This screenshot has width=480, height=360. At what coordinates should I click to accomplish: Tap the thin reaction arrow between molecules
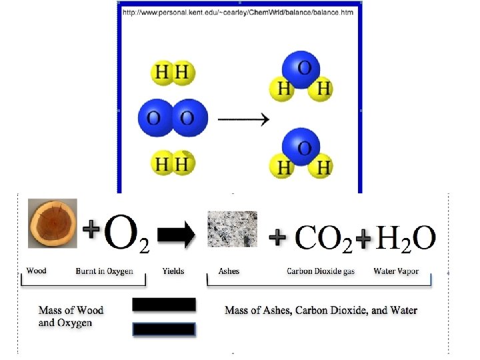[244, 120]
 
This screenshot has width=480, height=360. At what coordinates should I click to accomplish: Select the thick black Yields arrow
[176, 234]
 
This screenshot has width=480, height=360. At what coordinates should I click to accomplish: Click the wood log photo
[52, 223]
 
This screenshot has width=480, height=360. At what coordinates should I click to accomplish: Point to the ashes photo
[232, 229]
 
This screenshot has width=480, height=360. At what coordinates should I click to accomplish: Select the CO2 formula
[323, 238]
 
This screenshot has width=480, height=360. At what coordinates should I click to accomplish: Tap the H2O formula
[406, 237]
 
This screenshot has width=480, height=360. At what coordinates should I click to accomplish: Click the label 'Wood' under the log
[36, 271]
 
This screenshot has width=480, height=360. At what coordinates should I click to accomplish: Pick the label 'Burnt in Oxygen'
[105, 271]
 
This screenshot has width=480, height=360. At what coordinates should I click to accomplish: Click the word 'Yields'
[173, 271]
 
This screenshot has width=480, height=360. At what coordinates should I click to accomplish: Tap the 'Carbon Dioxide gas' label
[321, 271]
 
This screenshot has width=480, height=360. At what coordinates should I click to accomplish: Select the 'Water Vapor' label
[396, 271]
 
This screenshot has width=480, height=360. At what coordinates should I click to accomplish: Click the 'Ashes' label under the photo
[229, 271]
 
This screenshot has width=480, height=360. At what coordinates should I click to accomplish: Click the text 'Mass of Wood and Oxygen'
[71, 316]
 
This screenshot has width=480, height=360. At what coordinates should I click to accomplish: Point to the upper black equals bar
[164, 305]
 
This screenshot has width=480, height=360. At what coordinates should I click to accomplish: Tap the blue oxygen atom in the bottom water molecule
[301, 148]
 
